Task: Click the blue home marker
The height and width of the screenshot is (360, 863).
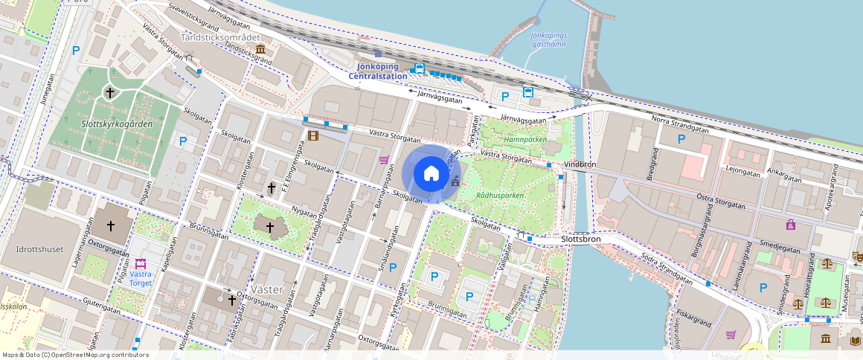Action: click(x=431, y=174)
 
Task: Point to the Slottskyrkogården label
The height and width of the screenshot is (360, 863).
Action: click(x=117, y=123)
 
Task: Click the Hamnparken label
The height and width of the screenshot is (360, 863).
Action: click(x=525, y=139)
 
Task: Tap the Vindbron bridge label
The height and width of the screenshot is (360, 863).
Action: click(x=581, y=164)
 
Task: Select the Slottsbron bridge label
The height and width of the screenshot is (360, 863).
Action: click(x=582, y=240)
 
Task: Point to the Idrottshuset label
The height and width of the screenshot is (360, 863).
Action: click(x=39, y=249)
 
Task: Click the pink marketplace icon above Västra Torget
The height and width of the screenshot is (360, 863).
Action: click(x=141, y=263)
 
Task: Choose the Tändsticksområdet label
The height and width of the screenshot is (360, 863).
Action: click(x=222, y=36)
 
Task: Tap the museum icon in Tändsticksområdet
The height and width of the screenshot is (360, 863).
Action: click(x=260, y=49)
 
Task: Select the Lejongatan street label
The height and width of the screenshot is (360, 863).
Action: click(x=742, y=172)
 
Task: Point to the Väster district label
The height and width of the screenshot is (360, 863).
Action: click(x=268, y=289)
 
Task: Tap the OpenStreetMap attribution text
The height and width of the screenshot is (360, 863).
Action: click(x=75, y=355)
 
